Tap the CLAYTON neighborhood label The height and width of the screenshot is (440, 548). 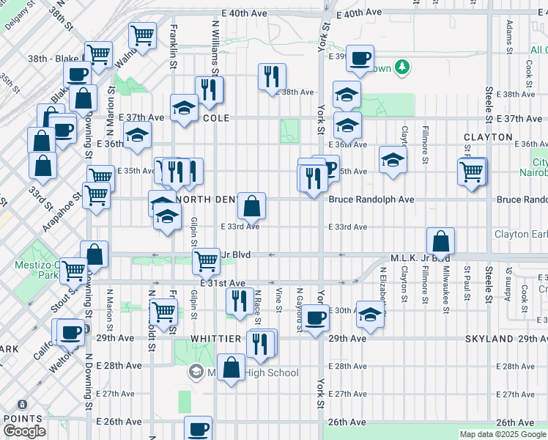pos(487,137)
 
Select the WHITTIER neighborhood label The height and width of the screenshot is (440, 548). pos(216,338)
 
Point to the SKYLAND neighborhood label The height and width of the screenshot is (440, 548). pos(489,340)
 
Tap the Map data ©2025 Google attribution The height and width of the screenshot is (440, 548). pos(502,434)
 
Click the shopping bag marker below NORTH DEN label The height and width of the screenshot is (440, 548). pos(251,207)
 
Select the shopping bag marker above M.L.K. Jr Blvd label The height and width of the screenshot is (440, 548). pos(440,241)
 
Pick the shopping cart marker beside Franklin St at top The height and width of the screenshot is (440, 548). pos(141,34)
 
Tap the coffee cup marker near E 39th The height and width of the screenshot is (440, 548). pos(359,59)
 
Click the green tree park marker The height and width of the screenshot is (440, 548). pos(401,68)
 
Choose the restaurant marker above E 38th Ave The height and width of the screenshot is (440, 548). pos(272,76)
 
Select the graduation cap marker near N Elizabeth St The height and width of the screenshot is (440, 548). pos(370,315)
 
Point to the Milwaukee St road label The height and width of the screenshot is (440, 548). pos(445,279)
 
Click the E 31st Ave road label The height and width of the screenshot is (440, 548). pos(221,283)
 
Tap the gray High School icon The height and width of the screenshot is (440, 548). pos(196,372)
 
